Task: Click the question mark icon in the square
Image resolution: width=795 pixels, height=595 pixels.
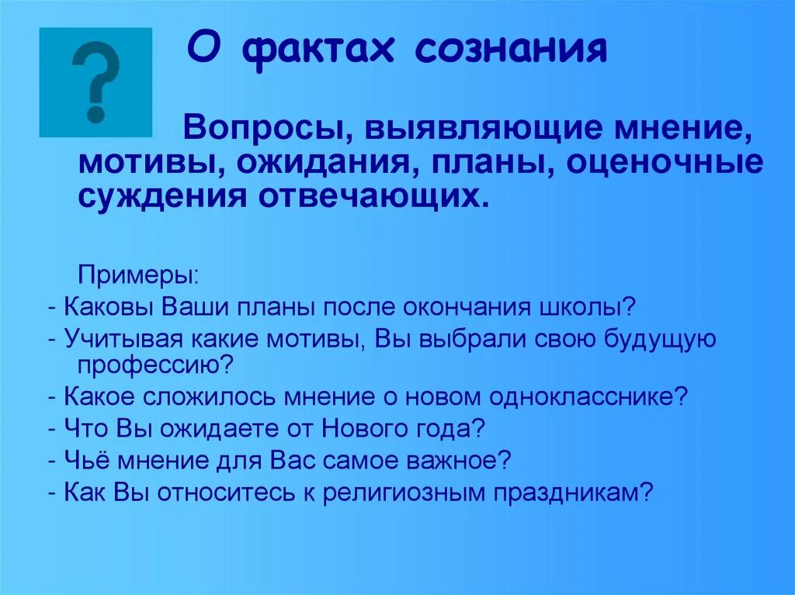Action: [95, 83]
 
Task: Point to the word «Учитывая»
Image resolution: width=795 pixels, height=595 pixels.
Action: [122, 338]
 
